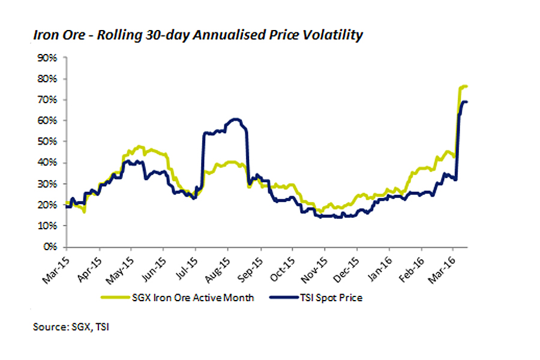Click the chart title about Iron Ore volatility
coord(198,35)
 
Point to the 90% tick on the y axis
coord(46,58)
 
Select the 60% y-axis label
coord(46,121)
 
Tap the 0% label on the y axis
coord(49,247)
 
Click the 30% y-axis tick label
coord(46,184)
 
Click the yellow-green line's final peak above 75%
coord(465,86)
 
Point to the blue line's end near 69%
coord(467,102)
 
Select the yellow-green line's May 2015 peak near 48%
coord(139,146)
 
